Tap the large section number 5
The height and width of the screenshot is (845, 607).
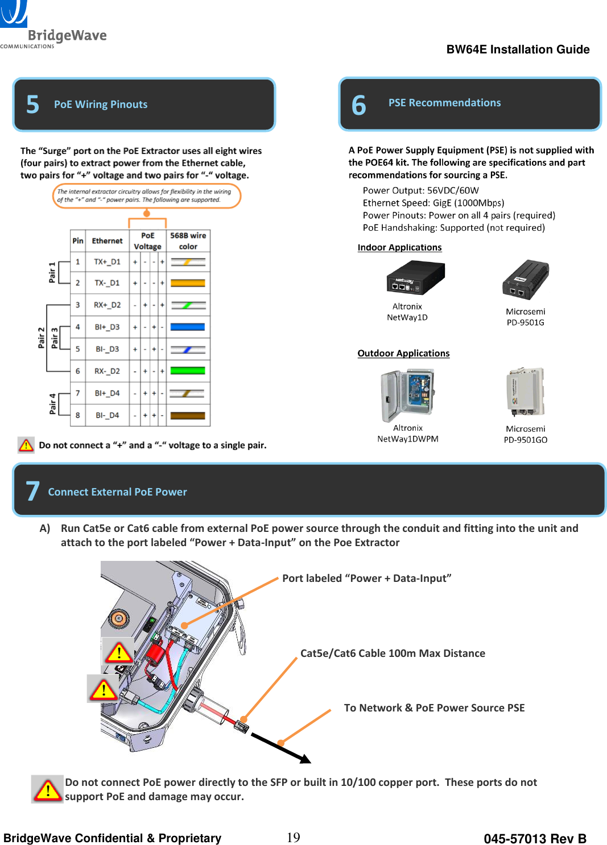pos(33,105)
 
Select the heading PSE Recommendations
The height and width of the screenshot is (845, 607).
pos(444,103)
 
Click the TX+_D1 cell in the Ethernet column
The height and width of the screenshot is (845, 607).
pos(107,262)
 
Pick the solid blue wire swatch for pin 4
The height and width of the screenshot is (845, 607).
pos(188,327)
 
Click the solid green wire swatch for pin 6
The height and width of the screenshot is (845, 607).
pos(188,371)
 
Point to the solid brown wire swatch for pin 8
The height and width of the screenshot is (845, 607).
pos(188,415)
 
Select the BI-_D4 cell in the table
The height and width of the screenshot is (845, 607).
pos(107,415)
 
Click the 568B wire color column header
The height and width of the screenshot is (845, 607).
pos(188,241)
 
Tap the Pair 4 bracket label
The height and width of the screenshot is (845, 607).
pos(53,404)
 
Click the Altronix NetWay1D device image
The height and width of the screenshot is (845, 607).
pos(415,278)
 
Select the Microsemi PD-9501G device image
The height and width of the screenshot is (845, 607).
pos(525,280)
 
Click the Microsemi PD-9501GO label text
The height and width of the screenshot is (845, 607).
pos(525,435)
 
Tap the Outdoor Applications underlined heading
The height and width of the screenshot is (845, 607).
pos(403,353)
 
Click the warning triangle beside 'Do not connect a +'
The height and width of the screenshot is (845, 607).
pos(26,445)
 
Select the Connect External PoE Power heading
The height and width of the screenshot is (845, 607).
pos(117,492)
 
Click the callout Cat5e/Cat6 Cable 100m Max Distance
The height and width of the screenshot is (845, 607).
pos(393,653)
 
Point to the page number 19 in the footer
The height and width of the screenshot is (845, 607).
pos(293,838)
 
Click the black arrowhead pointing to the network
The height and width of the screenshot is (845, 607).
pos(305,759)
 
